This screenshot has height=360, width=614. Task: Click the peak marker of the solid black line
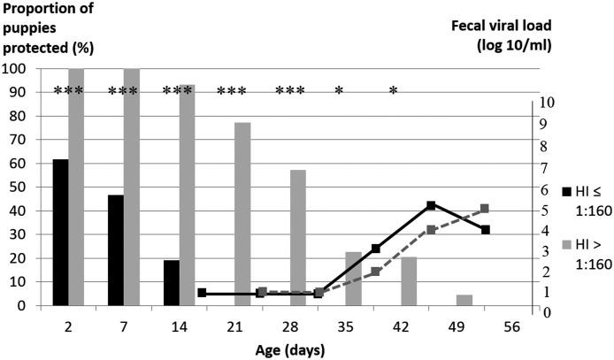pyautogui.click(x=430, y=205)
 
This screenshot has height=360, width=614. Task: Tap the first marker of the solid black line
pyautogui.click(x=203, y=293)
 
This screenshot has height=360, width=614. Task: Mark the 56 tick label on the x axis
pyautogui.click(x=511, y=326)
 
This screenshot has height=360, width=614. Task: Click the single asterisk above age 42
pyautogui.click(x=394, y=91)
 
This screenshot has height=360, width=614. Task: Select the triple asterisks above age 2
pyautogui.click(x=68, y=91)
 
